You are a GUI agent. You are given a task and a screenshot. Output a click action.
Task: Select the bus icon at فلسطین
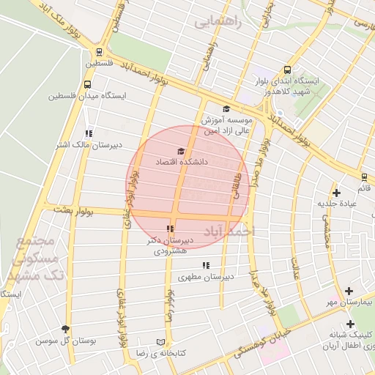(x=99, y=51)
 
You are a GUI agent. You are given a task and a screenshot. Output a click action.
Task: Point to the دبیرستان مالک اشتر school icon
(x=89, y=133)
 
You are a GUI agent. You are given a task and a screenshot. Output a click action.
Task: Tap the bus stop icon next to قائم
(x=364, y=177)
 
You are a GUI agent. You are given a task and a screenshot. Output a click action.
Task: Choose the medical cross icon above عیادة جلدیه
(x=336, y=193)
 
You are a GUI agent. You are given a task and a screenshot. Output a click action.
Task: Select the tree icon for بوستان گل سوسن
(x=67, y=330)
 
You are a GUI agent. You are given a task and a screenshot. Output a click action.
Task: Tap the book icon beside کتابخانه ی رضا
(x=161, y=342)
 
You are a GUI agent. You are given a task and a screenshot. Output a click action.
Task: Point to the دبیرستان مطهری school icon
(x=207, y=265)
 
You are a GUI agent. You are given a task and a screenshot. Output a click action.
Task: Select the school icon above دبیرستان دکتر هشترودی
(x=171, y=229)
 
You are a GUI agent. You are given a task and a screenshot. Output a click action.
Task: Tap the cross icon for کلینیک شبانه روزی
(x=351, y=324)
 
